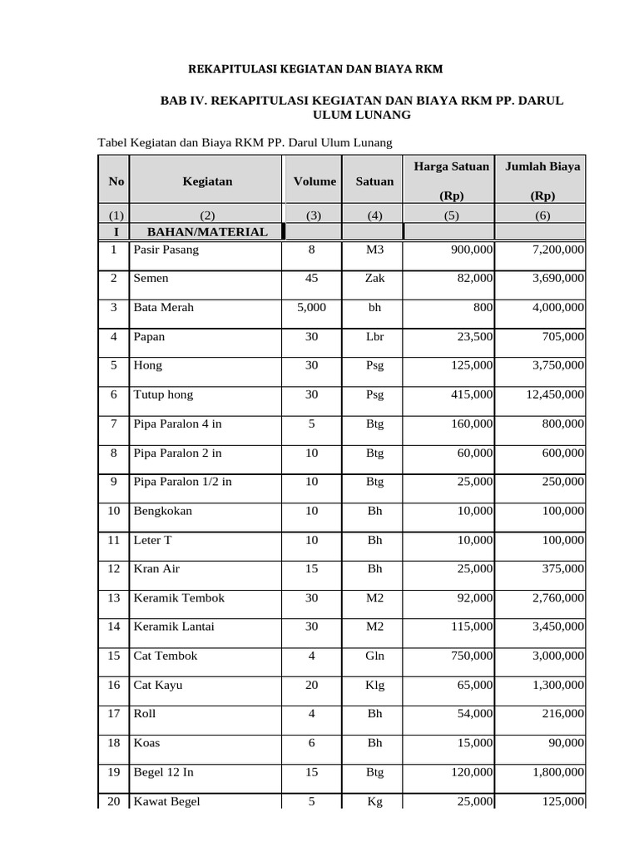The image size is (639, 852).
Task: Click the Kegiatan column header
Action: coord(208,181)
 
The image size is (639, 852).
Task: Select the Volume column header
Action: coord(314,181)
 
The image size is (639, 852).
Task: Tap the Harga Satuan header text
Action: coord(451,166)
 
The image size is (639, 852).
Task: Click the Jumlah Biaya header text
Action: coord(542,166)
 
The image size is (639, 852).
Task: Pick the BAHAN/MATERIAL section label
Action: coord(207,231)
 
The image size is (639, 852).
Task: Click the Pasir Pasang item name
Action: coord(166,250)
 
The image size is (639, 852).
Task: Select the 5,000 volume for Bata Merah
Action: coord(311,307)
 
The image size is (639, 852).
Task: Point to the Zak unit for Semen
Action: coord(375,279)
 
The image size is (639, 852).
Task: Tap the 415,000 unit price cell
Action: coord(472,394)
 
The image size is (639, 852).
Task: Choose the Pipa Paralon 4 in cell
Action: coord(177,424)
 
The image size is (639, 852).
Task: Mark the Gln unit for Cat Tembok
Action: coord(375,656)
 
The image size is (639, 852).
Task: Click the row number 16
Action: coord(114,685)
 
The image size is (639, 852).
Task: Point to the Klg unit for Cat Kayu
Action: coord(375,685)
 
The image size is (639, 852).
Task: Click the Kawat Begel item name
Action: coord(166,801)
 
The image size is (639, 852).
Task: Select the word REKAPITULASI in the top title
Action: coord(230,67)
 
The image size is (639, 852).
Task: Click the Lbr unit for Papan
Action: coord(375,336)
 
